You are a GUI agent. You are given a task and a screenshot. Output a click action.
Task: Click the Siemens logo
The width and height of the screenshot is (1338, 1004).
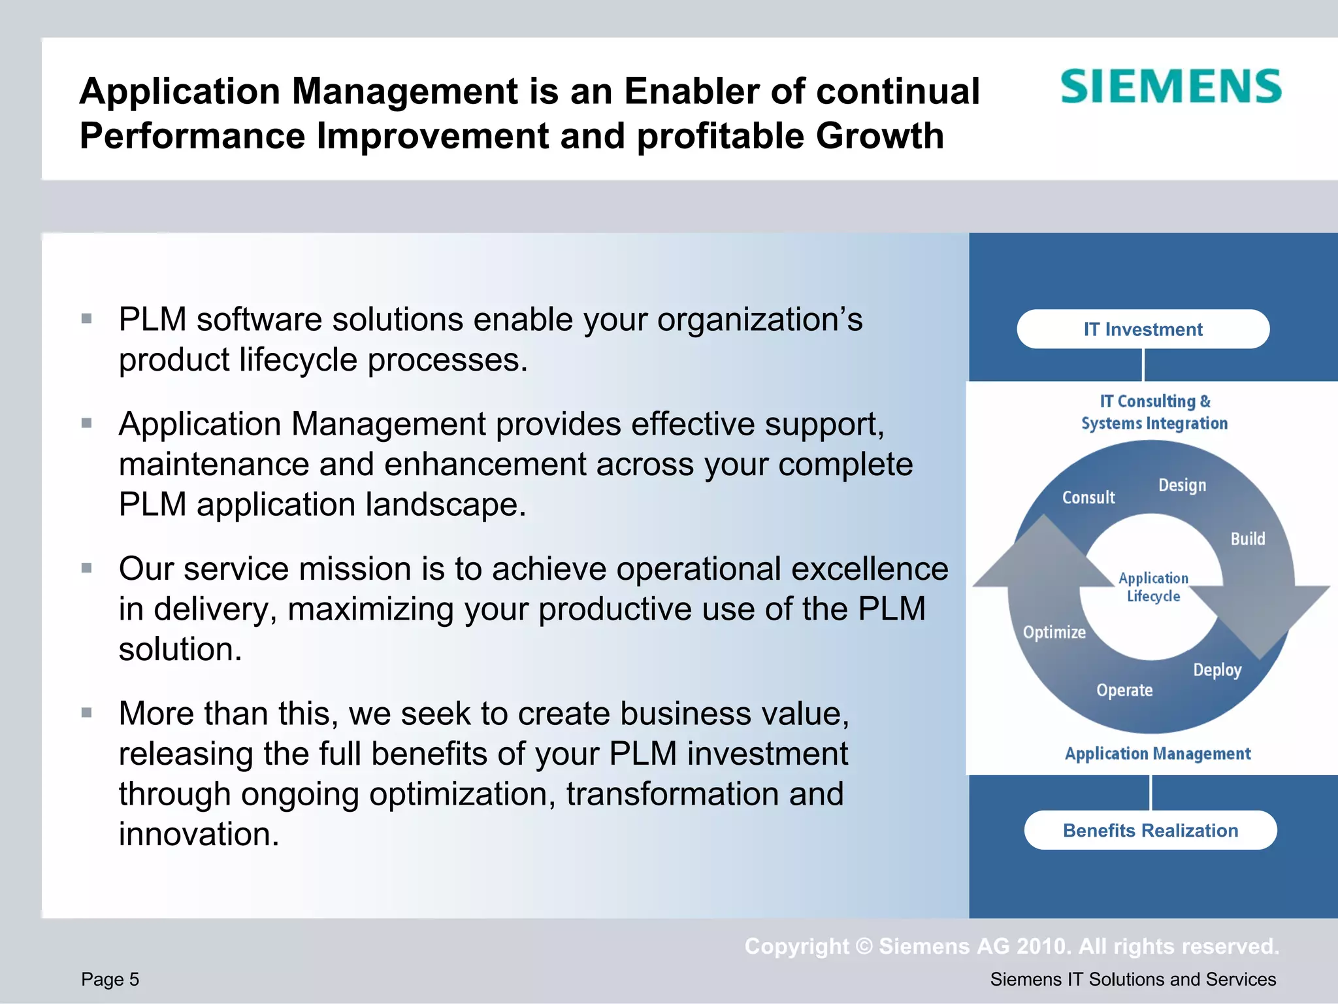pyautogui.click(x=1170, y=87)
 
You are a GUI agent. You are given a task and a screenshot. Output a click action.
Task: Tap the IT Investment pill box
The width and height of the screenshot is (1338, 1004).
pyautogui.click(x=1143, y=329)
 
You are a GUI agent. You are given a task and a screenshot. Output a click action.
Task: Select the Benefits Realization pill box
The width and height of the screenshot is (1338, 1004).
pyautogui.click(x=1150, y=830)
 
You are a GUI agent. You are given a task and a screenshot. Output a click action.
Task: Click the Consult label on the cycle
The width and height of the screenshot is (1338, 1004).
pyautogui.click(x=1088, y=497)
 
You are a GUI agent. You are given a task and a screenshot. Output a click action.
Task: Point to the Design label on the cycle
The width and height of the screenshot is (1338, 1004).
pyautogui.click(x=1182, y=486)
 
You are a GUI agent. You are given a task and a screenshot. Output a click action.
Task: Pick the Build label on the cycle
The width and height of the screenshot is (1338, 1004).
pyautogui.click(x=1247, y=539)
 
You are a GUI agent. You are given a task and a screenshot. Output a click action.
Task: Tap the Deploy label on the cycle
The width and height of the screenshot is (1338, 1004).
pyautogui.click(x=1216, y=670)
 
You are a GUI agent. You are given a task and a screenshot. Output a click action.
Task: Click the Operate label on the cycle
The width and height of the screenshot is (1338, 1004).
pyautogui.click(x=1124, y=690)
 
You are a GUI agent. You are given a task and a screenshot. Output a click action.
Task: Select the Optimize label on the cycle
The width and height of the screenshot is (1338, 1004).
pyautogui.click(x=1054, y=632)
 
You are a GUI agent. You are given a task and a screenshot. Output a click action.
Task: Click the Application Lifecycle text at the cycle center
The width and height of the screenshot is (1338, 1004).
pyautogui.click(x=1153, y=587)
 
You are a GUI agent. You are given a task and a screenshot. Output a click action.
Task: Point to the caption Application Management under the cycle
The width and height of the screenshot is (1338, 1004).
pyautogui.click(x=1157, y=754)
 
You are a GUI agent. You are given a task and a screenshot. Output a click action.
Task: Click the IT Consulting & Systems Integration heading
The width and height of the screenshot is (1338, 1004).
pyautogui.click(x=1154, y=412)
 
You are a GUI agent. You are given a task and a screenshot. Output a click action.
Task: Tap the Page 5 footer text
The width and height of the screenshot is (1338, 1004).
pyautogui.click(x=110, y=979)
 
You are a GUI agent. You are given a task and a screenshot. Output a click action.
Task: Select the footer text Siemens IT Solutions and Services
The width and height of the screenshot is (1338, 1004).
pyautogui.click(x=1132, y=979)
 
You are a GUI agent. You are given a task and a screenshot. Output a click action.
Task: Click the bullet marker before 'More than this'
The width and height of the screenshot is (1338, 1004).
pyautogui.click(x=86, y=712)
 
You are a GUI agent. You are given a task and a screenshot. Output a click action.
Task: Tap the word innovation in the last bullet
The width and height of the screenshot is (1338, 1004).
pyautogui.click(x=199, y=835)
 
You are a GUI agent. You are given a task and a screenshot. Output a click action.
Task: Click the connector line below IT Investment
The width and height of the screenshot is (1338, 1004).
pyautogui.click(x=1143, y=365)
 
